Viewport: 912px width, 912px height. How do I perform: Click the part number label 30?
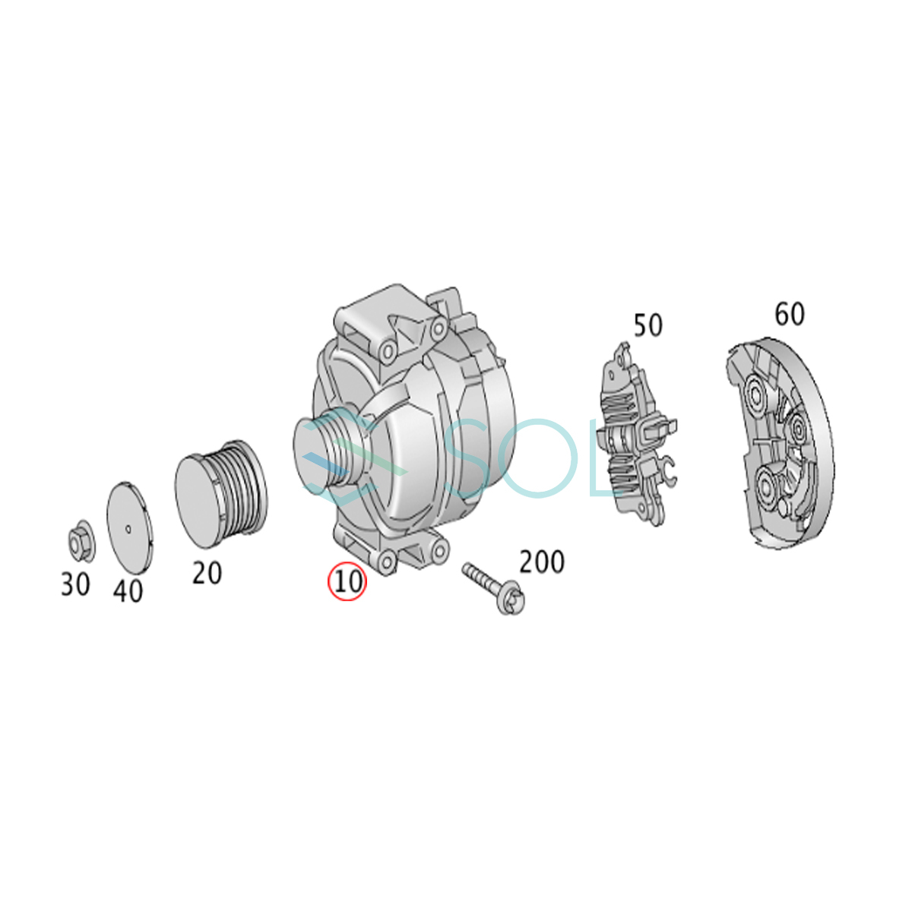point(75,584)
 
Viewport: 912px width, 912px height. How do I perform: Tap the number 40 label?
point(128,591)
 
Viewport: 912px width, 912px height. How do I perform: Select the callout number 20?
point(207,573)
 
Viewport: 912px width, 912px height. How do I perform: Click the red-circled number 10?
point(348,581)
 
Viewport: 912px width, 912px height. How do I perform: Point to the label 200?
point(542,562)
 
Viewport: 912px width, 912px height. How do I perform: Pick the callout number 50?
point(648,325)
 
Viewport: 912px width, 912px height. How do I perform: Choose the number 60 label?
point(790,314)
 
